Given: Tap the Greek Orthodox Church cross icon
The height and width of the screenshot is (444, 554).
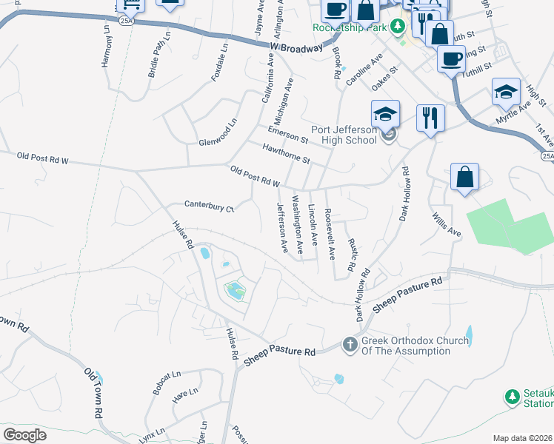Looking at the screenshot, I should (350, 344).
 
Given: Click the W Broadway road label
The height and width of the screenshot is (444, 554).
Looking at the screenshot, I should (296, 47).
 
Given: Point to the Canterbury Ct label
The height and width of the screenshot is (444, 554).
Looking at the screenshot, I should (210, 206).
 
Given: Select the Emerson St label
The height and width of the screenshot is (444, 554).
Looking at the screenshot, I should (287, 133).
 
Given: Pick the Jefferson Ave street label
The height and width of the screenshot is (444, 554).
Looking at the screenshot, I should (281, 228).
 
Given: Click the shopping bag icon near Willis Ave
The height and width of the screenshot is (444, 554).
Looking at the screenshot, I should (464, 178).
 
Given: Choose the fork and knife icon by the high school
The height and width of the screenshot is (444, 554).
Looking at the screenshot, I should (430, 118).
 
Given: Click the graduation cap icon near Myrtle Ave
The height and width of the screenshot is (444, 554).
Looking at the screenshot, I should (506, 92).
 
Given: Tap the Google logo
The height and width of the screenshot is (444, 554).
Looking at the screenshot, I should (25, 434).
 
